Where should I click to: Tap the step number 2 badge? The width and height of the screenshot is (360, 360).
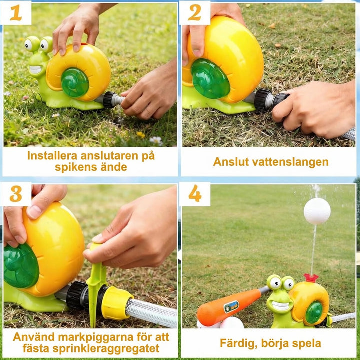click(x=195, y=13)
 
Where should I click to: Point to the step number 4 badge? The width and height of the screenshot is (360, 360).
click(x=195, y=194)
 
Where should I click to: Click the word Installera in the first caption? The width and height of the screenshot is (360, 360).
click(x=52, y=155)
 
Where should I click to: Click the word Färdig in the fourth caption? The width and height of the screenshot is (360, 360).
click(x=237, y=343)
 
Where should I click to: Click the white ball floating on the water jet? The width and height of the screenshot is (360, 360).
click(x=317, y=211)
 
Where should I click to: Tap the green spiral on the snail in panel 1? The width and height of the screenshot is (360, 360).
click(x=75, y=82)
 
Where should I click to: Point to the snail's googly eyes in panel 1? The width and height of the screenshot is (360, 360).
click(x=39, y=45)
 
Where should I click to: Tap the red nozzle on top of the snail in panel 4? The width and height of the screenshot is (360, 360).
click(x=311, y=277)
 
